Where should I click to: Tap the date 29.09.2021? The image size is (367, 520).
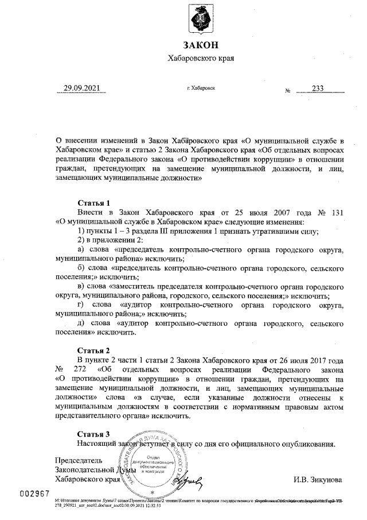tap(82, 88)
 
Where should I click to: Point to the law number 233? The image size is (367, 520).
tap(318, 89)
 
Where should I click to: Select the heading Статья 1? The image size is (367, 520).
tap(93, 203)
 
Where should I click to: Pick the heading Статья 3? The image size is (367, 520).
tap(93, 434)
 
